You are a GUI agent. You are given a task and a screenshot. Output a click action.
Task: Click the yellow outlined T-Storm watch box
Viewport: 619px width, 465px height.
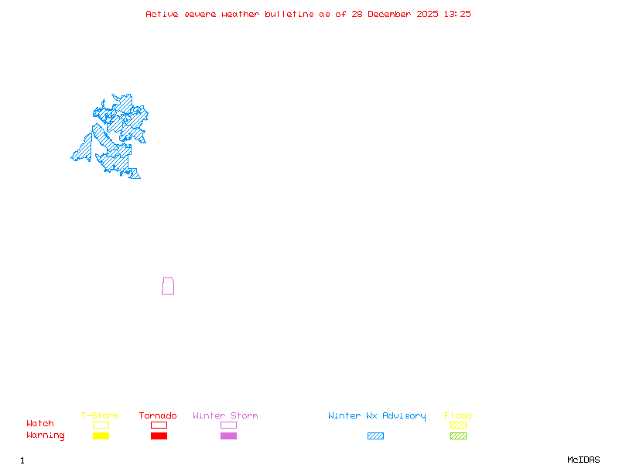(101, 425)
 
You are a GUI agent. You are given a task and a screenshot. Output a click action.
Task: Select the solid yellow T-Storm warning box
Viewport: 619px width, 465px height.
(101, 436)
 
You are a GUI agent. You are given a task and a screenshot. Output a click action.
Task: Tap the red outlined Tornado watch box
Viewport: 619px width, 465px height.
(159, 425)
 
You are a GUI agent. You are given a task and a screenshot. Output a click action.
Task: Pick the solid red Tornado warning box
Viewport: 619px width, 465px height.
(159, 436)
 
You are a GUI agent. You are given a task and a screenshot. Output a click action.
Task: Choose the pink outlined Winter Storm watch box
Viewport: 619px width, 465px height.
(228, 425)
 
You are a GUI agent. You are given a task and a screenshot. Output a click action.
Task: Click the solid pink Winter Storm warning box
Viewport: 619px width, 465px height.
(228, 436)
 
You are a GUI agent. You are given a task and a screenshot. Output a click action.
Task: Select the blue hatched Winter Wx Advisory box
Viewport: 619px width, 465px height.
(375, 436)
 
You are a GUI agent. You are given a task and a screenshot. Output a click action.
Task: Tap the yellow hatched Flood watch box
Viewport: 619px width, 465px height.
(458, 425)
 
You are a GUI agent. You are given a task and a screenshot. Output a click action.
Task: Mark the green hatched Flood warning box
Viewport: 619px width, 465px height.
(458, 436)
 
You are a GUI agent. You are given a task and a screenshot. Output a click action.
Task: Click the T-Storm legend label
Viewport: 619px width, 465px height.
(100, 415)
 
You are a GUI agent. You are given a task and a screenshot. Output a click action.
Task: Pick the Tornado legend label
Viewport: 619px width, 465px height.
(158, 415)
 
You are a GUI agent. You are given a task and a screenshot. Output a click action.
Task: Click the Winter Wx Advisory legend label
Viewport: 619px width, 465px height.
(377, 415)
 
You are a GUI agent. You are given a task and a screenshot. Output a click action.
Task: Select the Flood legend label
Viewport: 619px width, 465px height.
(458, 415)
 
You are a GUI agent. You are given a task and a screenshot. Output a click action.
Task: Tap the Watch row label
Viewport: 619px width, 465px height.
(40, 424)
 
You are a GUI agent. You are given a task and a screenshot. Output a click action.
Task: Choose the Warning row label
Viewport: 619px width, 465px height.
(46, 436)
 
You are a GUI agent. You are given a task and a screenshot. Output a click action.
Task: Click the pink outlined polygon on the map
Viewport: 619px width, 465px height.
(168, 286)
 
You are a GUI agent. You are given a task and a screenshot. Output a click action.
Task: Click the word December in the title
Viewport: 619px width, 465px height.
(392, 14)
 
